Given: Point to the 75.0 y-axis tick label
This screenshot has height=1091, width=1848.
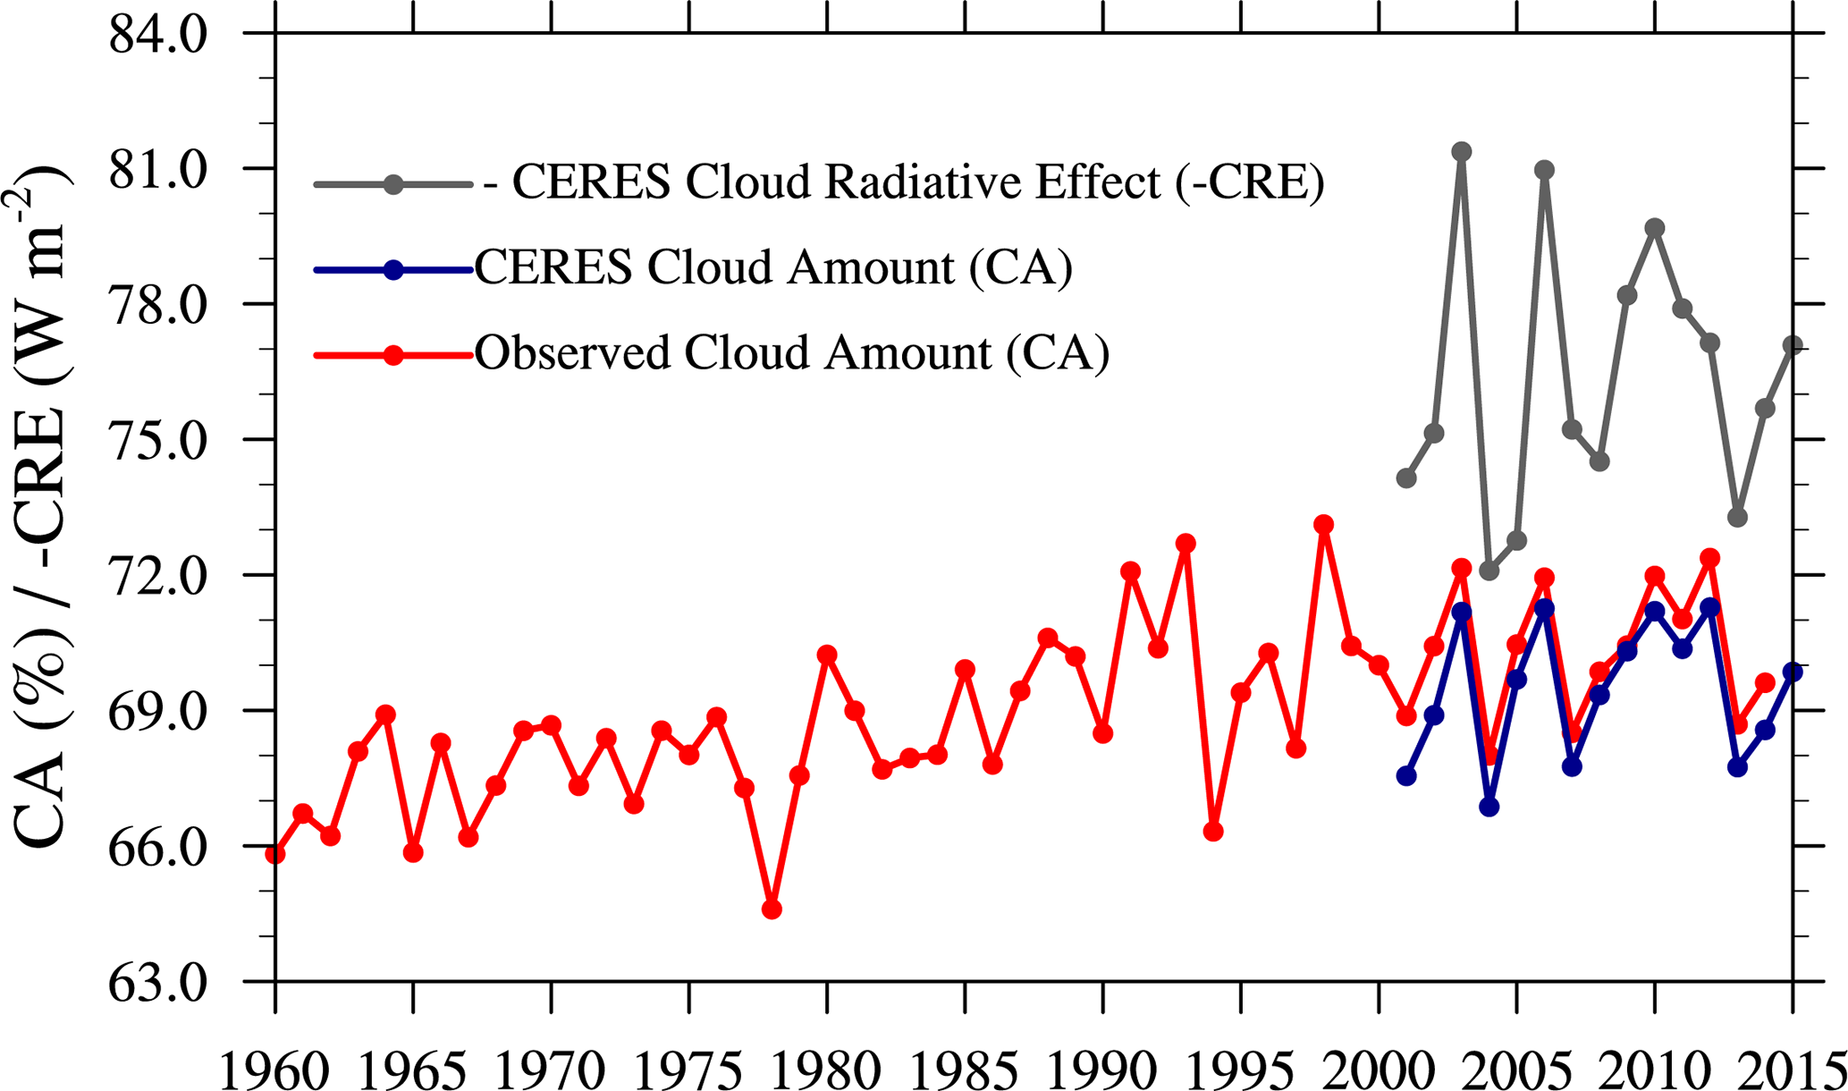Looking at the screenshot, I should [x=157, y=440].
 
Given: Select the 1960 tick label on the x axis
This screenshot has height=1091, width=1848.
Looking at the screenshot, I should [x=274, y=1069].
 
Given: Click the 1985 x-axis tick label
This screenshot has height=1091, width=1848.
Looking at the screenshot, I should [x=965, y=1069].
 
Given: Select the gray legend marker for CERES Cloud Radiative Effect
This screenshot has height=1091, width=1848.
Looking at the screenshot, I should [x=392, y=184].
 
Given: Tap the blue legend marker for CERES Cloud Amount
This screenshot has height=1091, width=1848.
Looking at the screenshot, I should [x=392, y=269].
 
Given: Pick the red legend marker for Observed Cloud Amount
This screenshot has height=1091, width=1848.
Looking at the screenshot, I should [x=392, y=355].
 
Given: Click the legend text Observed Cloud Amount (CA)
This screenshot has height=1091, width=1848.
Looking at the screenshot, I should [x=791, y=354].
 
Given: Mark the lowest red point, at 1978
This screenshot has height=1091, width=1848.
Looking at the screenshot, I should [x=772, y=909].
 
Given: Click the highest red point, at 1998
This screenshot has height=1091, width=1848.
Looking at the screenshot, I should [x=1324, y=524].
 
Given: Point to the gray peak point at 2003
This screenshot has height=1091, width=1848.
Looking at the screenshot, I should [x=1462, y=151].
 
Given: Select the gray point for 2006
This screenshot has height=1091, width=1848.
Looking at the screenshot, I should [x=1544, y=170].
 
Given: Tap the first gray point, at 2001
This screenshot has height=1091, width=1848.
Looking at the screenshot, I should [x=1406, y=478].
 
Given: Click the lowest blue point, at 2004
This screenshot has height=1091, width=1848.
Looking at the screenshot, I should [x=1489, y=807].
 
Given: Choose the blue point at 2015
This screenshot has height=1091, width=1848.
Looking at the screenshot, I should [x=1792, y=672].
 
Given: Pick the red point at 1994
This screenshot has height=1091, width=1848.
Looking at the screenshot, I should [x=1213, y=832].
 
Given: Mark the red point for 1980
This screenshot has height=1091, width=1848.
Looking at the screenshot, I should [x=827, y=655].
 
